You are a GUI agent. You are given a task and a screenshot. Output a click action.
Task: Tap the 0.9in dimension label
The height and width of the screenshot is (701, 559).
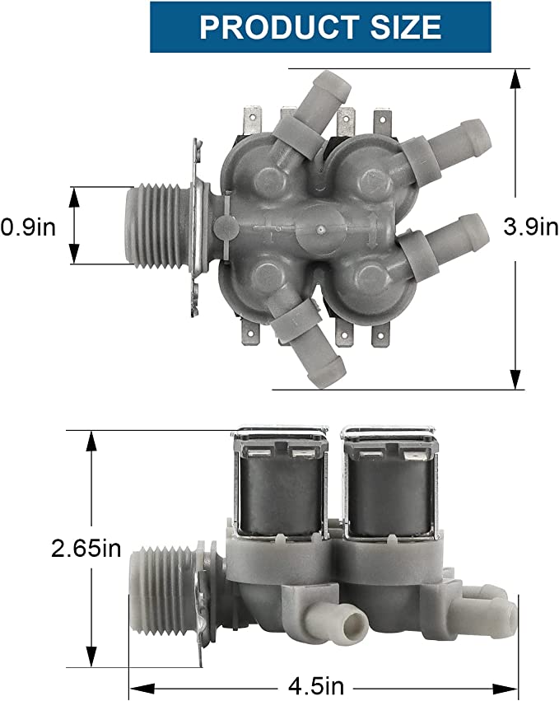pos(28,227)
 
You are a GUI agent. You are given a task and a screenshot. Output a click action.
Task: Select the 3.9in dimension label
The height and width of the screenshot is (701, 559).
pos(531,227)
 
